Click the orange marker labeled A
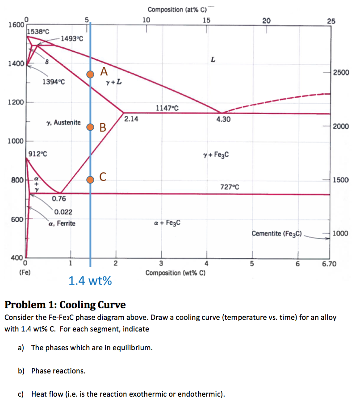(90, 75)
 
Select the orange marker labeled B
(90, 127)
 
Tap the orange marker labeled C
(90, 179)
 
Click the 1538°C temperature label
(38, 32)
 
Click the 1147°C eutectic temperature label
(167, 108)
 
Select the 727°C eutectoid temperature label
(230, 187)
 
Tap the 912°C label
(38, 154)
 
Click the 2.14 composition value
(132, 119)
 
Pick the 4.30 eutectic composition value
(223, 119)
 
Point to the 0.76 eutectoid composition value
(59, 199)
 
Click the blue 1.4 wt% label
(90, 281)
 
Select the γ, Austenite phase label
(63, 122)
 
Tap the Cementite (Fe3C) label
(277, 233)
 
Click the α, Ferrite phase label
(62, 223)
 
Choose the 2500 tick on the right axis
(341, 73)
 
